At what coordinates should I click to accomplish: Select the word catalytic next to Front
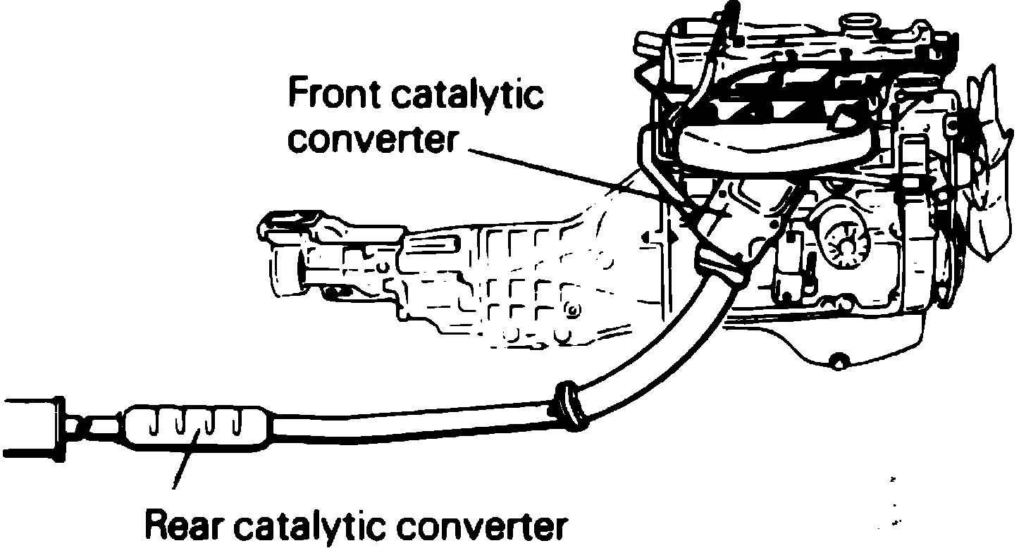coord(466,96)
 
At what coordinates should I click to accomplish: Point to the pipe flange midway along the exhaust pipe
coord(570,406)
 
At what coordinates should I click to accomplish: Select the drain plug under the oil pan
coord(838,363)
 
